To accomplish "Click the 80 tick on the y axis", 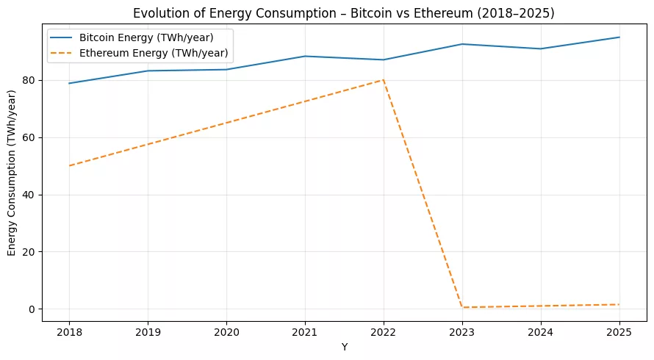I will pos(29,80).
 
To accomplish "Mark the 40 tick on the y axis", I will pos(29,195).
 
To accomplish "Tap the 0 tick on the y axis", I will pos(32,309).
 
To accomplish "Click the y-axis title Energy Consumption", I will pos(12,173).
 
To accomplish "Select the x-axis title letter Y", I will pos(344,347).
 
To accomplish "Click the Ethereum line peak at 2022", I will pos(384,79).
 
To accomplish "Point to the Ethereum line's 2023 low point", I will pos(462,307).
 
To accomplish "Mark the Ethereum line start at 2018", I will pos(69,165).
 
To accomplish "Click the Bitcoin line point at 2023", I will pos(462,44).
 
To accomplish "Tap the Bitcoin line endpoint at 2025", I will pos(619,37).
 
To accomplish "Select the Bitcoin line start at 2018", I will pos(69,83).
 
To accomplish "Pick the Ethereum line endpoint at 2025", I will pos(619,304).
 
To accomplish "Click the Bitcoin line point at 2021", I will pos(305,56).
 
